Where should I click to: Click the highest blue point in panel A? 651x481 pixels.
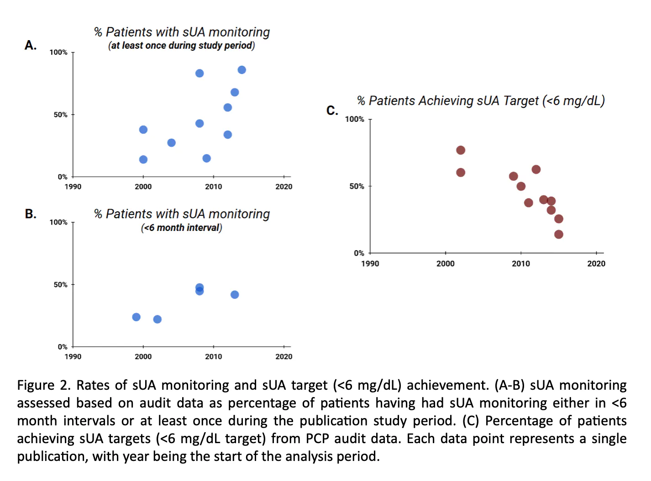coord(241,70)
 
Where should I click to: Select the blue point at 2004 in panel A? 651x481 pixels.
coord(171,143)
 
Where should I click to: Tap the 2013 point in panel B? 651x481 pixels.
coord(235,295)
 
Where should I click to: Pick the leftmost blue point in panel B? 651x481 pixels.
coord(136,317)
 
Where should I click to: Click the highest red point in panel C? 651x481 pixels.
coord(461,150)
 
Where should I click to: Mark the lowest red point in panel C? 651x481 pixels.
coord(559,235)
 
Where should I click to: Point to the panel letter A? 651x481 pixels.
coord(31,45)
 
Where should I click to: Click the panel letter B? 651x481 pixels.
coord(31,214)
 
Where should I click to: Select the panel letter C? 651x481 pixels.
coord(332,110)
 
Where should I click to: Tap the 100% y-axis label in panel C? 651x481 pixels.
coord(354,119)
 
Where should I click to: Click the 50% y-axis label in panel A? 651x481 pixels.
coord(60,115)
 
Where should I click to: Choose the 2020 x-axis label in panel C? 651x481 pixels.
coord(596,264)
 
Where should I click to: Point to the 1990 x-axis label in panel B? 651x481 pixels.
coord(73,357)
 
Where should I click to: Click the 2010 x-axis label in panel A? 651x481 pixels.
coord(213,187)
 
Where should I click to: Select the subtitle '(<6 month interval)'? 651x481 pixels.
coord(181,228)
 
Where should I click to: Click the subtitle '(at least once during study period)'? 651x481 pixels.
coord(181,46)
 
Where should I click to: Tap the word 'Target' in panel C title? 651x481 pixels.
coord(521,101)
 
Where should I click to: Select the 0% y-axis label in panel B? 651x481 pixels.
coord(63,347)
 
